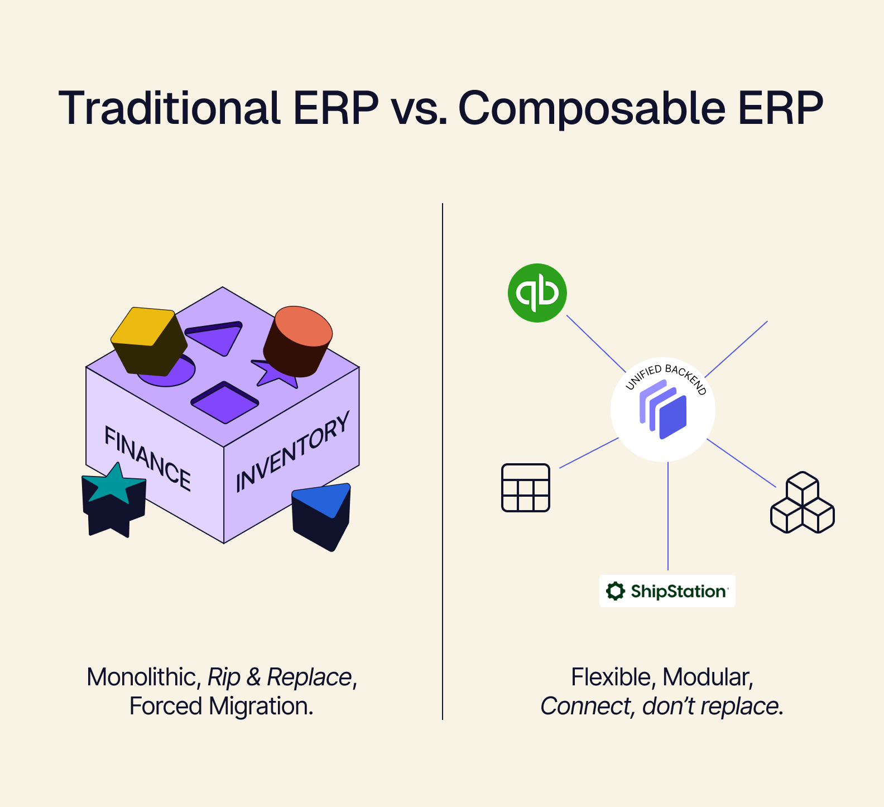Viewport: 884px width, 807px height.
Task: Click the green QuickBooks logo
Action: pyautogui.click(x=537, y=293)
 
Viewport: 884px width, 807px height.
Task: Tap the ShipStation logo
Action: pyautogui.click(x=667, y=591)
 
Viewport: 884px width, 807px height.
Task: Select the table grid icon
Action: pyautogui.click(x=526, y=488)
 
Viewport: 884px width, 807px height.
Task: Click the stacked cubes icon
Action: pyautogui.click(x=802, y=503)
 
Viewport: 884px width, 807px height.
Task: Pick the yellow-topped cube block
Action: pyautogui.click(x=148, y=340)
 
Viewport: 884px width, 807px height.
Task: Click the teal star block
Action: pyautogui.click(x=114, y=498)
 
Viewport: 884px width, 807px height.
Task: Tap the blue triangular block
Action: pyautogui.click(x=321, y=515)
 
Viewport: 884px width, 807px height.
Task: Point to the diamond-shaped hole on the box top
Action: pyautogui.click(x=225, y=402)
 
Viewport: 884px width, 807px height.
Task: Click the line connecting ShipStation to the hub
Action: pyautogui.click(x=668, y=516)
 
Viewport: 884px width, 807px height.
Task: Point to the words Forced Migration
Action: pyautogui.click(x=221, y=707)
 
